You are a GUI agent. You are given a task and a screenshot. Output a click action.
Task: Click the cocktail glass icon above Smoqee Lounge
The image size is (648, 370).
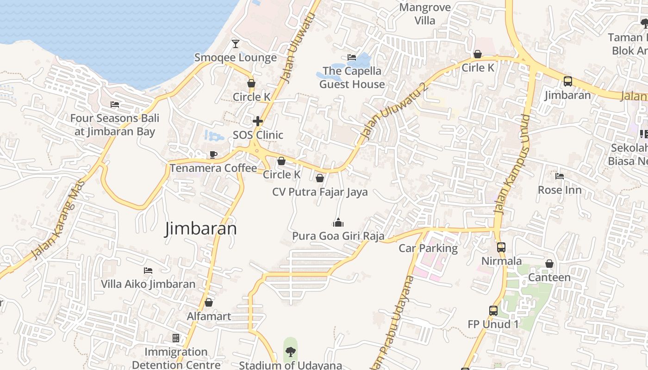click(236, 44)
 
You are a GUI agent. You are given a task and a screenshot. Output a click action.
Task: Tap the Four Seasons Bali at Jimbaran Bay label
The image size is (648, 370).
click(114, 125)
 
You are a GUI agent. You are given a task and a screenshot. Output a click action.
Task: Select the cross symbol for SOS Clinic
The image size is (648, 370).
click(258, 122)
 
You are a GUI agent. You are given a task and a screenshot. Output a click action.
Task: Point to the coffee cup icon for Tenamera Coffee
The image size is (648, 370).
click(213, 154)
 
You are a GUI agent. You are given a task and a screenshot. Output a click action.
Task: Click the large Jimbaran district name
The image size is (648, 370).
click(201, 229)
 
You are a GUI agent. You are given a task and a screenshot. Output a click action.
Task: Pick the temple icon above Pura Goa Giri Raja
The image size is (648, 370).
click(338, 223)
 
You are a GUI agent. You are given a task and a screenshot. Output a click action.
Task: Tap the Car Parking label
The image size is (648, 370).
click(428, 248)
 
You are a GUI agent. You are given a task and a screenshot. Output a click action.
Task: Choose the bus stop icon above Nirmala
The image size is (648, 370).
click(501, 247)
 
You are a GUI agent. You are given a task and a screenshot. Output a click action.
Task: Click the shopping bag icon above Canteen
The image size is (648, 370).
click(549, 264)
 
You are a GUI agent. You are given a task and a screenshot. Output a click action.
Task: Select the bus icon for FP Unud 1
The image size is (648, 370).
click(493, 311)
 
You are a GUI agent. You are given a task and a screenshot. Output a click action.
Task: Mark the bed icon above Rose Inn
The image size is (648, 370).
click(560, 176)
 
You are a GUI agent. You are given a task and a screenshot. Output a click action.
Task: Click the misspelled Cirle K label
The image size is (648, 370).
click(478, 68)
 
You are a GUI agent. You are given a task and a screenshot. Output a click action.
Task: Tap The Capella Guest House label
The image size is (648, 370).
click(352, 78)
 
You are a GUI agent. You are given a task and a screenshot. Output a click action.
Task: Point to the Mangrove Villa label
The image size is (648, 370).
click(425, 14)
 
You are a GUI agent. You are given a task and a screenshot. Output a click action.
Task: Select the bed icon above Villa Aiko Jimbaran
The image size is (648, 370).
click(148, 270)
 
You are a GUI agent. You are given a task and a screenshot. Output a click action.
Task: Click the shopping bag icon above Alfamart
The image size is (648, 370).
click(209, 302)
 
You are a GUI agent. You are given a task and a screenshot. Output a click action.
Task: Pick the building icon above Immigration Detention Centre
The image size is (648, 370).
click(176, 338)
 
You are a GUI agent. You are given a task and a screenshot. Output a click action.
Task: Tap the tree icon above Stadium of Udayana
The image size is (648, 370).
click(290, 352)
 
